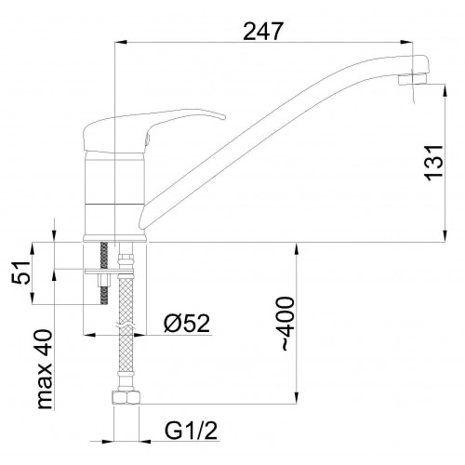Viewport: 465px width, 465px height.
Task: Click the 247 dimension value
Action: click(263, 32)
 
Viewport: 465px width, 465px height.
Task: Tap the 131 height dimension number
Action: click(434, 163)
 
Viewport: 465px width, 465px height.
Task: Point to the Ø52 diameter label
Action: click(187, 324)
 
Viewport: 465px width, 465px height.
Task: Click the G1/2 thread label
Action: click(191, 431)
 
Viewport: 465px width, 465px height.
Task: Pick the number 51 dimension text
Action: click(21, 272)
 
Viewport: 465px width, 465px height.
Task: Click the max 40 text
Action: click(44, 369)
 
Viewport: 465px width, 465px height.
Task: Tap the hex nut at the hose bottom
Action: click(126, 397)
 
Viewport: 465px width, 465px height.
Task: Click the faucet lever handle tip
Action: click(224, 117)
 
